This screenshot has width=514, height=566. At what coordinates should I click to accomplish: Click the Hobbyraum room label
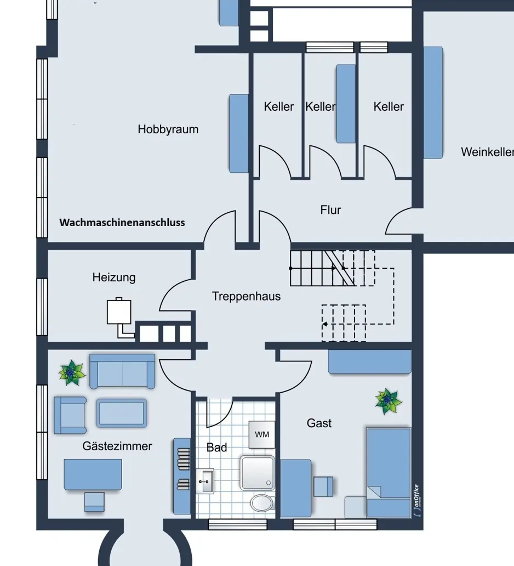[168, 129]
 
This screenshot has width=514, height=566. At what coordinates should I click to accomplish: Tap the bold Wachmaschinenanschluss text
[122, 223]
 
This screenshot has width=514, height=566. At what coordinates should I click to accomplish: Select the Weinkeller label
[487, 152]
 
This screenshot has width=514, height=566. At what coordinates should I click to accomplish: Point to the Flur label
[330, 210]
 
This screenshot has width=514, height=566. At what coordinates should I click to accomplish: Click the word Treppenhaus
[246, 297]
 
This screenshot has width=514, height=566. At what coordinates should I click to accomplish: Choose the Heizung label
[114, 278]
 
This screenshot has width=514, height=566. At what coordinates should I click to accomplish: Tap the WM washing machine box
[262, 434]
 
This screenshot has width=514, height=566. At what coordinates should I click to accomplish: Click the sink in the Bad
[205, 482]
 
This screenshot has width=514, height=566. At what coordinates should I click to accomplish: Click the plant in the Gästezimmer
[72, 373]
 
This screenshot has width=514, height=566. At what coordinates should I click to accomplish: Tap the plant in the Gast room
[389, 401]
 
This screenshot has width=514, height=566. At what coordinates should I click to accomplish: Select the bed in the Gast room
[389, 472]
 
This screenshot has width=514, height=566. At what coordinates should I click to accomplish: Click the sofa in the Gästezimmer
[122, 371]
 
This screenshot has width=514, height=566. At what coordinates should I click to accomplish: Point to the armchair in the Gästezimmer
[70, 415]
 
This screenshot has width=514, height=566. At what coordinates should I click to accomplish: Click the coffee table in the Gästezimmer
[122, 413]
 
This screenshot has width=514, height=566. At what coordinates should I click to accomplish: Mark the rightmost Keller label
[389, 106]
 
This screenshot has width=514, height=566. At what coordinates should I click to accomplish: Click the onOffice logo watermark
[417, 500]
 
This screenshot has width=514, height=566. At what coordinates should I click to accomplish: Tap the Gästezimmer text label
[117, 446]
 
